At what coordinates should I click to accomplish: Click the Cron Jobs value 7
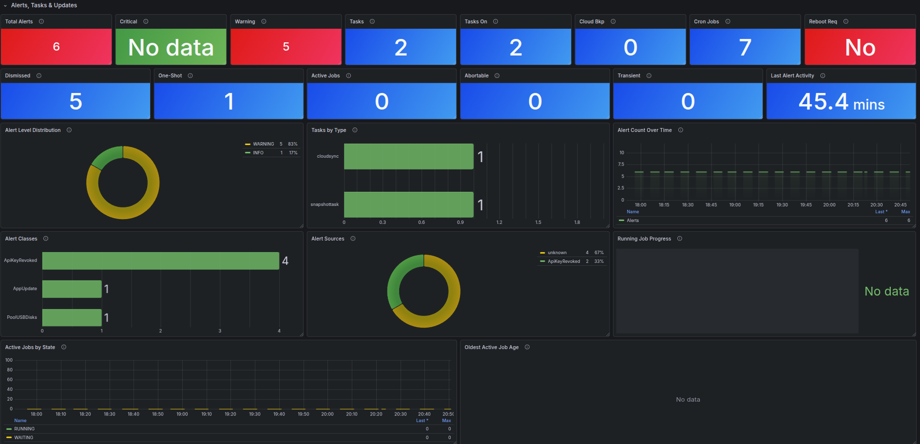coord(745,47)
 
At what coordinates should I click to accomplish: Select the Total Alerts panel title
coord(19,21)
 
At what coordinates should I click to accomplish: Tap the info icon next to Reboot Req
coord(846,21)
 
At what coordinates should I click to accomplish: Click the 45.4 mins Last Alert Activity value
coord(841,102)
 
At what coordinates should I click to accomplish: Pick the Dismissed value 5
coord(76,102)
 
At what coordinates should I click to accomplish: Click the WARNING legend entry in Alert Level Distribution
coord(263,144)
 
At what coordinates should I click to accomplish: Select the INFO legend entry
coord(258,153)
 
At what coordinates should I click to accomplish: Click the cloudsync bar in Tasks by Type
coord(408,156)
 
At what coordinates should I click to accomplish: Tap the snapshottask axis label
coord(325,204)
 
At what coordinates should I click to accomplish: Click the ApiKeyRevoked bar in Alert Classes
coord(160,260)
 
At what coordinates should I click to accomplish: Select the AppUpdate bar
coord(72,289)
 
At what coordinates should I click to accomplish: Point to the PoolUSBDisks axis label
coord(22,317)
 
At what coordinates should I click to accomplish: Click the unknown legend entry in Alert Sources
coord(557,253)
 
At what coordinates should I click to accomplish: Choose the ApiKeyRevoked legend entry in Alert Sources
coord(564,261)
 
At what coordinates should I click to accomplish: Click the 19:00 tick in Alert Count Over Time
coord(735,205)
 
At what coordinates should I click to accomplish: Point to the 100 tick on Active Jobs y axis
coord(9,360)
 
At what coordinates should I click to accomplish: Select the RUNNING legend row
coord(24,429)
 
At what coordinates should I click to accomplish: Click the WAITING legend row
coord(24,438)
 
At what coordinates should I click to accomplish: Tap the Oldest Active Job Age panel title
coord(491,347)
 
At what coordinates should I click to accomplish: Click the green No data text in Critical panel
coord(171,47)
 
